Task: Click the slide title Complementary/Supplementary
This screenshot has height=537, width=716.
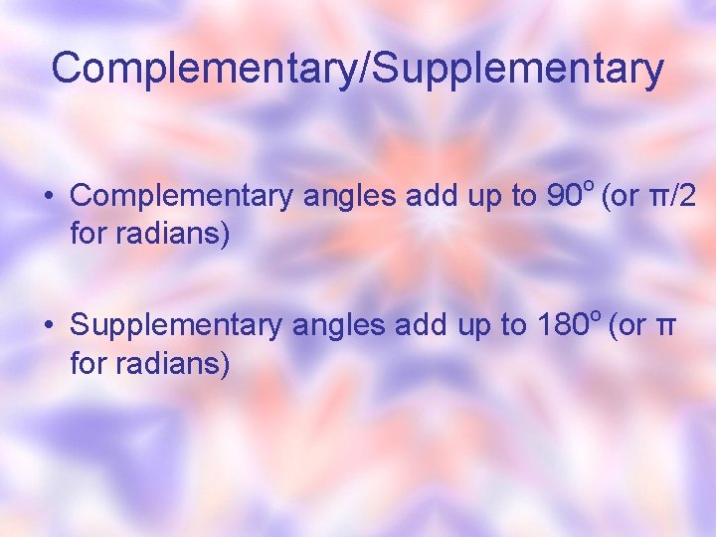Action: pyautogui.click(x=357, y=69)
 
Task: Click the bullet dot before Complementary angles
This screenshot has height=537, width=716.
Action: pyautogui.click(x=49, y=196)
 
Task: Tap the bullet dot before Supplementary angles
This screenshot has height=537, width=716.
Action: pyautogui.click(x=49, y=325)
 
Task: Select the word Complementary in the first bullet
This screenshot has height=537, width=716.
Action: pyautogui.click(x=181, y=197)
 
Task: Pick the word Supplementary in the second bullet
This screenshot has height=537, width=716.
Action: pyautogui.click(x=176, y=326)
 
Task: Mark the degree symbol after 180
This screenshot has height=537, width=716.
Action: pyautogui.click(x=596, y=315)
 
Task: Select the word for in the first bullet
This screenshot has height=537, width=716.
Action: pyautogui.click(x=89, y=236)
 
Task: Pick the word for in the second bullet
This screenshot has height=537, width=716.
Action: pyautogui.click(x=89, y=365)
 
